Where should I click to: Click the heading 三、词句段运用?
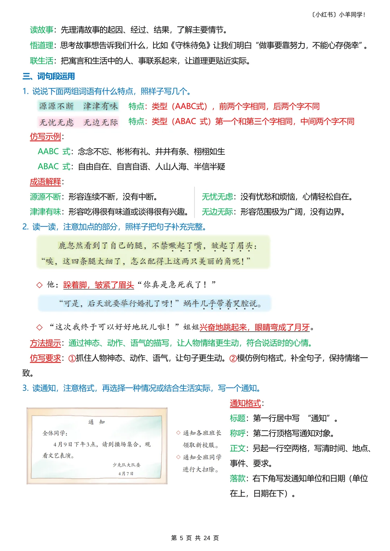(x=49, y=76)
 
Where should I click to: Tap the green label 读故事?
(x=41, y=30)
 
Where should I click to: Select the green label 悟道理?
(x=41, y=45)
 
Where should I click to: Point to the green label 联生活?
(x=41, y=61)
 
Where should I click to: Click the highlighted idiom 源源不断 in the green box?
(x=56, y=106)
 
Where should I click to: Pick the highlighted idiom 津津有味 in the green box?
(x=100, y=106)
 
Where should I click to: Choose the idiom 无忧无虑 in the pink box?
(x=56, y=122)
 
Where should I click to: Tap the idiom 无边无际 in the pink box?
(x=101, y=122)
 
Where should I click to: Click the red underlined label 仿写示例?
(x=45, y=136)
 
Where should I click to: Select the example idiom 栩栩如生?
(x=209, y=152)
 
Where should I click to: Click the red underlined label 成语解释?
(x=45, y=182)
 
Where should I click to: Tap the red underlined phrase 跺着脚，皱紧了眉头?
(x=99, y=285)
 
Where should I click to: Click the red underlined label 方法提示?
(x=45, y=343)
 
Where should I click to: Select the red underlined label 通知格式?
(x=245, y=403)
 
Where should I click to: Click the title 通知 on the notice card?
(x=96, y=422)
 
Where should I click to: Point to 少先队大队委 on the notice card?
(x=126, y=465)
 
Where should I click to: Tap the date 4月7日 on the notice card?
(x=126, y=473)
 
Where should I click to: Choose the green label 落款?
(x=238, y=478)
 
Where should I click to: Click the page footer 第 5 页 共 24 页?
(x=195, y=538)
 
